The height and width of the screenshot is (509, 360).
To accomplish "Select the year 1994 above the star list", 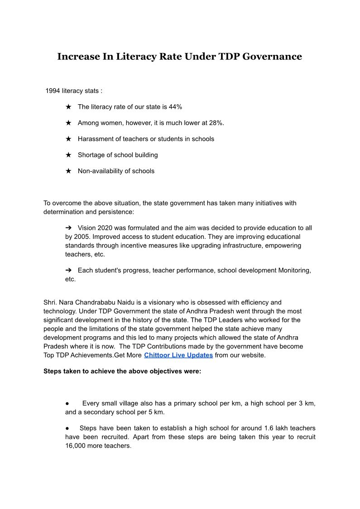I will coord(53,91).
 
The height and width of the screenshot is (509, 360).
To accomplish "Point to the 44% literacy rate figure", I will coord(175,107).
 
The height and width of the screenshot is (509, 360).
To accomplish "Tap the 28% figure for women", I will coord(216,123).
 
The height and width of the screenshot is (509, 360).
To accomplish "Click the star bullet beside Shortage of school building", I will coord(68,155).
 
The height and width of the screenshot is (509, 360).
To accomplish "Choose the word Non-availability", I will coord(99,171).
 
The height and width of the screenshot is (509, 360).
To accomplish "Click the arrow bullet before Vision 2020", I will coord(69,228).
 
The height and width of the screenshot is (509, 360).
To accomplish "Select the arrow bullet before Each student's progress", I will coord(69,271).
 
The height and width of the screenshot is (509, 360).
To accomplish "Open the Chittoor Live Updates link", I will coord(178,355).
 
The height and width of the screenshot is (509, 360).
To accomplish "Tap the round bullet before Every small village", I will coord(67,403).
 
